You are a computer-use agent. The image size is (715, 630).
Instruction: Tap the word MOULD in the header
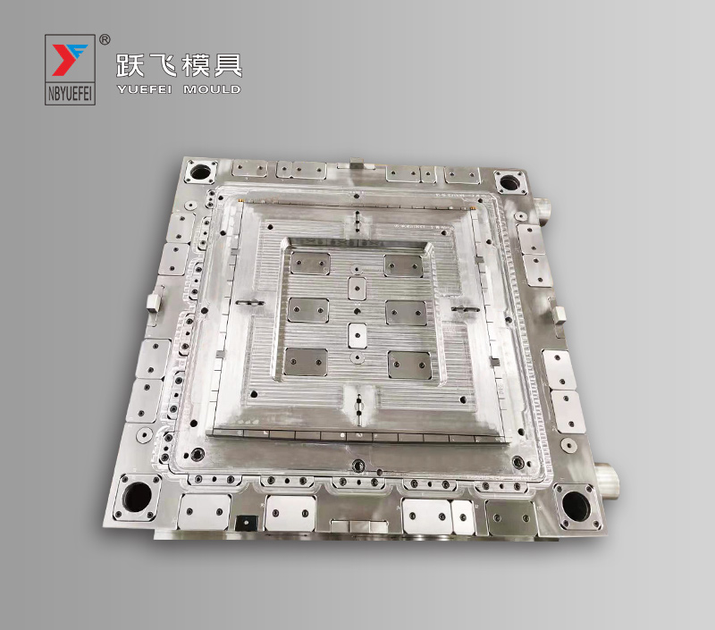(x=212, y=89)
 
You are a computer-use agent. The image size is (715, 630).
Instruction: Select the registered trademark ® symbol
(x=105, y=39)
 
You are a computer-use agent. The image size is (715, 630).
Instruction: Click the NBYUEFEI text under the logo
(x=70, y=96)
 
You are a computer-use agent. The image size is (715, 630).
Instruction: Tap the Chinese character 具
(x=227, y=65)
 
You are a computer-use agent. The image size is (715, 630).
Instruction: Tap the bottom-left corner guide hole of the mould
(x=139, y=494)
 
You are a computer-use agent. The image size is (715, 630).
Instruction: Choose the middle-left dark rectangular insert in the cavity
(x=306, y=307)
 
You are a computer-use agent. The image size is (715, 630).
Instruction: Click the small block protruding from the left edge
(x=154, y=298)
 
